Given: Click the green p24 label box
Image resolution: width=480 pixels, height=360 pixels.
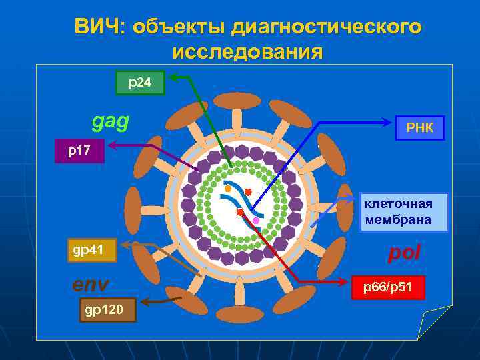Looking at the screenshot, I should click(x=140, y=83).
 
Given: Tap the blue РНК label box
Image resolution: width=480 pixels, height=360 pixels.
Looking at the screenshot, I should click(x=419, y=127).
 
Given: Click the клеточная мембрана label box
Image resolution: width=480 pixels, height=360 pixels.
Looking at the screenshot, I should click(x=403, y=212).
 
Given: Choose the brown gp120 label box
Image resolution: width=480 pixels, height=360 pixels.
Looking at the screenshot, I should click(x=108, y=310).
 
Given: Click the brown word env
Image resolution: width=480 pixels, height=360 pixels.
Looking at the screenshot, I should click(x=90, y=285).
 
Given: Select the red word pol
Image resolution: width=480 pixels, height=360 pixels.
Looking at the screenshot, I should click(x=404, y=253).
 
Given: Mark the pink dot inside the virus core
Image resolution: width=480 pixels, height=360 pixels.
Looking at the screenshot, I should click(x=256, y=220).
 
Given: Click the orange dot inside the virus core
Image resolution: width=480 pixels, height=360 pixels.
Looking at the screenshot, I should click(x=228, y=189).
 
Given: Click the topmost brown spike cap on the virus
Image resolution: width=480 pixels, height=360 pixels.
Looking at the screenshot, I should click(x=237, y=101).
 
